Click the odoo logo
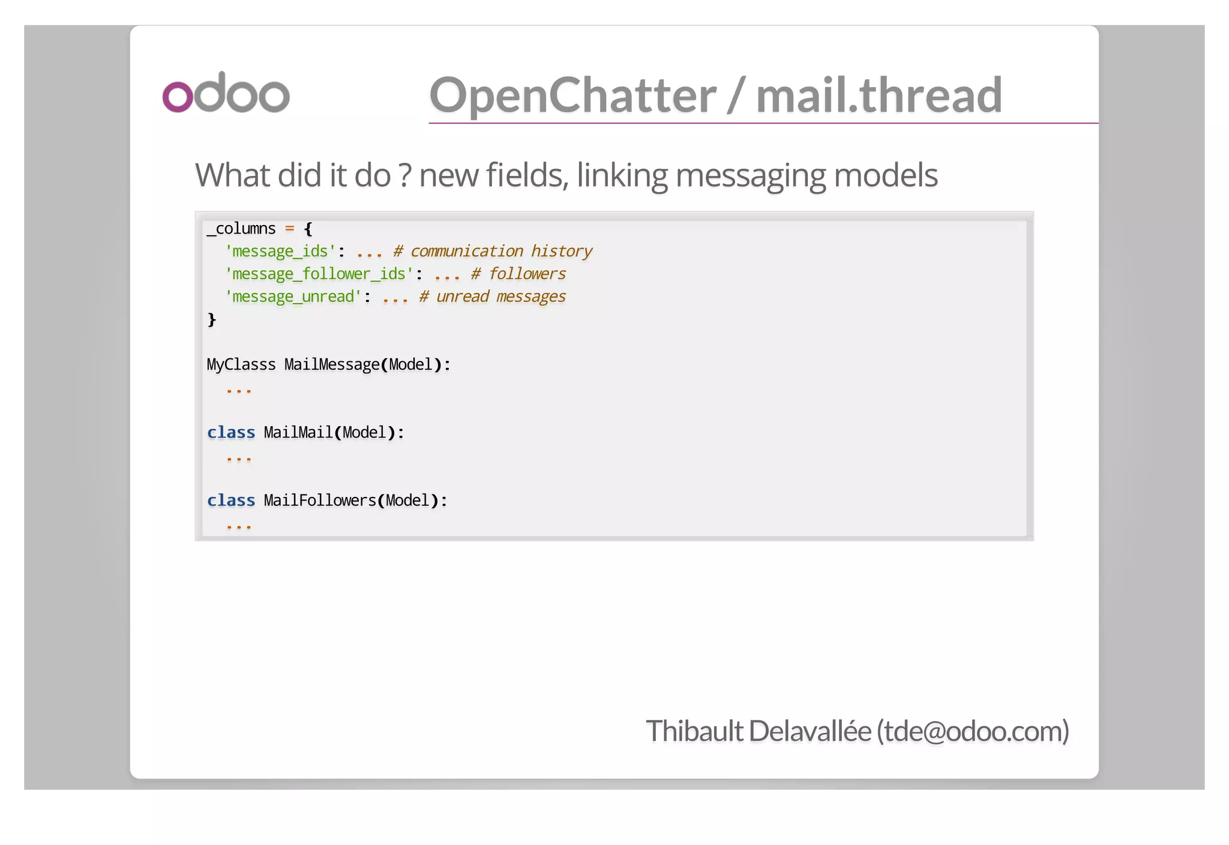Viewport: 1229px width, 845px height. [226, 93]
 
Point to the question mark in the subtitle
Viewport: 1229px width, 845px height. [405, 175]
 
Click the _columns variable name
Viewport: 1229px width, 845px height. [241, 229]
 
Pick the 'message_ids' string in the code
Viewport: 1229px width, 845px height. [280, 251]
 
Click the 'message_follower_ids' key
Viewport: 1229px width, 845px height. [319, 274]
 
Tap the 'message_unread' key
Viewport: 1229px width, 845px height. [293, 296]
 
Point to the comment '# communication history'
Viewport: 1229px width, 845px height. [493, 251]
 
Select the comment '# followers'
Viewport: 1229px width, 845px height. [518, 274]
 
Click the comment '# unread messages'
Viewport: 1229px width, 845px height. [492, 296]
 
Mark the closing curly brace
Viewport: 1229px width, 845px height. [211, 319]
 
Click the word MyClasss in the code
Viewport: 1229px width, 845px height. [241, 364]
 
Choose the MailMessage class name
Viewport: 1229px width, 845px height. [332, 364]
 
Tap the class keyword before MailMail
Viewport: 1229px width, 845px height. [231, 432]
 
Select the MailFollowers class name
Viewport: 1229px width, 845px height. [320, 500]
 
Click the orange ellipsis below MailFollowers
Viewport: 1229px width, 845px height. [239, 526]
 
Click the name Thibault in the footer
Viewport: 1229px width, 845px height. [694, 731]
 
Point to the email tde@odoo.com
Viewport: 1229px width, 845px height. [973, 731]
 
